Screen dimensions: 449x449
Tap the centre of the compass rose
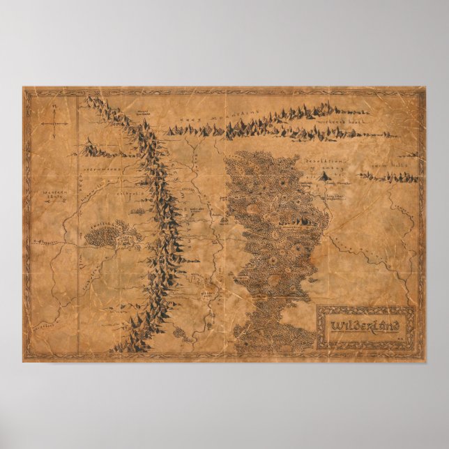coord(54,123)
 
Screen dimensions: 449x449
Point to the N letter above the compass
coord(54,107)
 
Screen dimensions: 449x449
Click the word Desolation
coord(321,159)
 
